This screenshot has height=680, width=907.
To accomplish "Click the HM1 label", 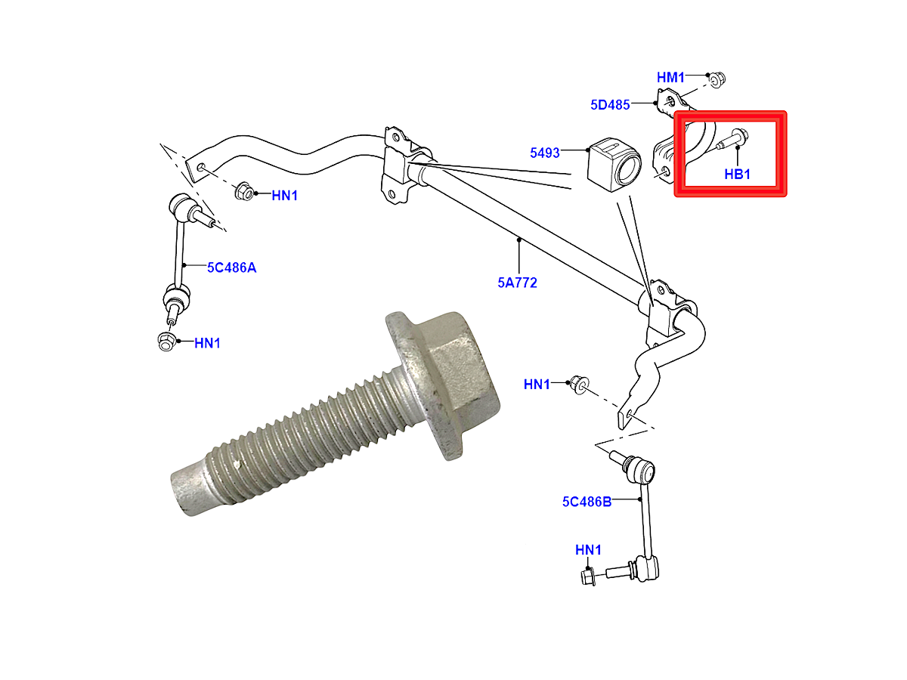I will (x=670, y=77).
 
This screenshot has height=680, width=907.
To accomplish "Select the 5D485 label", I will (x=610, y=105).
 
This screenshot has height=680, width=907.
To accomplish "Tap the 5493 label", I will (x=544, y=153).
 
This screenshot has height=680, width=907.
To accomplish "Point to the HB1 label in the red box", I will (x=737, y=174).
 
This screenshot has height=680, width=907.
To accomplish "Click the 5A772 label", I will (x=517, y=283).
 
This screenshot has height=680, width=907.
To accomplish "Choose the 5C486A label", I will (x=231, y=267).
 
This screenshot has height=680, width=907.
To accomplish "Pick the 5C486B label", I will (x=587, y=501).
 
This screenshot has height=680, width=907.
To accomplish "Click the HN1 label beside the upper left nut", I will (x=285, y=195).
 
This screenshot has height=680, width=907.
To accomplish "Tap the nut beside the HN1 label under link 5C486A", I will (x=166, y=342).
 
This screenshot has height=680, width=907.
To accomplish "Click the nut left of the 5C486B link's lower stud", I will (x=589, y=576).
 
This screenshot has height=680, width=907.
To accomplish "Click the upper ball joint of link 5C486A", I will (x=179, y=206).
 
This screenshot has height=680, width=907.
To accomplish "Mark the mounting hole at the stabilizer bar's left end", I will (x=200, y=165).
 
